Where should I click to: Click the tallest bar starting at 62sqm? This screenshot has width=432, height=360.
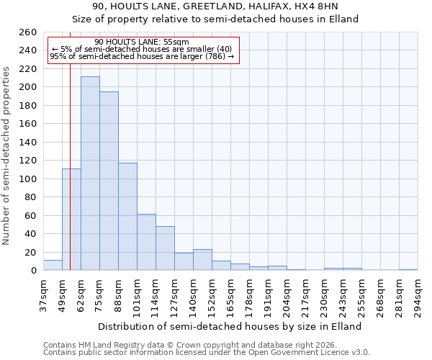click(90, 174)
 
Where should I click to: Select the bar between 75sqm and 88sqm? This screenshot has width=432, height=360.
click(109, 181)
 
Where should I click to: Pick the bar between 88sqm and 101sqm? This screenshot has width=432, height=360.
click(127, 216)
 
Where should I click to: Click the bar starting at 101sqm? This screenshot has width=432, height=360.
click(146, 242)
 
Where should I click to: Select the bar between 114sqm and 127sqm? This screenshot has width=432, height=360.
click(165, 248)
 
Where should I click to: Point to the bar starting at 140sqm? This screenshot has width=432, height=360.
click(202, 260)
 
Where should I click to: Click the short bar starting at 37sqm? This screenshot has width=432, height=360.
click(53, 265)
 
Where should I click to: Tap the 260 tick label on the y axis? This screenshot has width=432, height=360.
click(28, 32)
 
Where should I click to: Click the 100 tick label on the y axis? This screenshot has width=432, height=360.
click(28, 179)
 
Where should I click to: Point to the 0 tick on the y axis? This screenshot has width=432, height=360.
click(33, 271)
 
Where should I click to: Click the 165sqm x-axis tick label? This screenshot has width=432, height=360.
click(230, 295)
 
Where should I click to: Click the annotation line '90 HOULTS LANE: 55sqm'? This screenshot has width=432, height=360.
click(141, 42)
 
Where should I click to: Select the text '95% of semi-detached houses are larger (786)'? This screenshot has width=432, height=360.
click(141, 56)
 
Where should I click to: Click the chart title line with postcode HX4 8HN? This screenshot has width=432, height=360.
click(215, 6)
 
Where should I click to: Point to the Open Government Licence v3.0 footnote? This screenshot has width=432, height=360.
click(207, 353)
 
